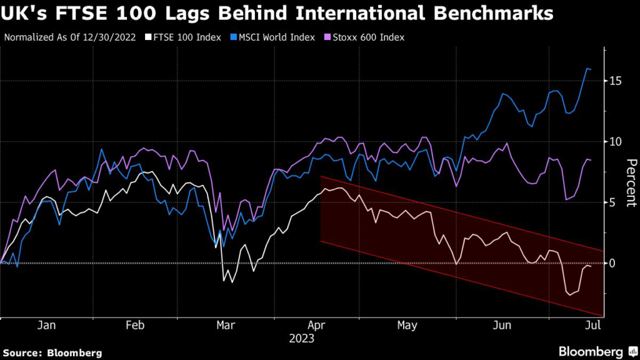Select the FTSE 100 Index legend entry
(x=183, y=37)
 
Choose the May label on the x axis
(x=407, y=326)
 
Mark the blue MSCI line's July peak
(x=587, y=68)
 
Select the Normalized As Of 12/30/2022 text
(x=70, y=37)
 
